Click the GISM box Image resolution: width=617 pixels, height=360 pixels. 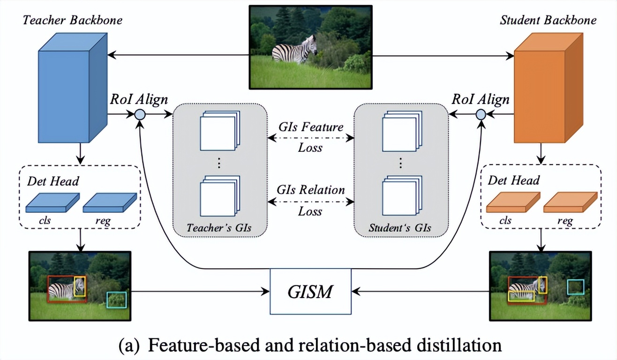coord(310,291)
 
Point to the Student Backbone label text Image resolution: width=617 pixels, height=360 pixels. coord(548,20)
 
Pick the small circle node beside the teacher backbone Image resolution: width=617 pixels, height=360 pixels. coord(140,114)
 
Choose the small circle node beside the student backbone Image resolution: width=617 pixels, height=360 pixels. coord(481,114)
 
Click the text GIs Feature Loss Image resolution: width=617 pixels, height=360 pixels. coord(310,137)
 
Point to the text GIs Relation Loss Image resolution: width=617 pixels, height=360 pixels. coord(310,200)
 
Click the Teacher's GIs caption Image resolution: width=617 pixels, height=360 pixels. coord(219,228)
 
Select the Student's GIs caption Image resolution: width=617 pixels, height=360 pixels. coord(400,228)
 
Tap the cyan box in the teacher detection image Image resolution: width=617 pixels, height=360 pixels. coord(116,300)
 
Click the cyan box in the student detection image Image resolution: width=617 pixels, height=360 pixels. coord(575,286)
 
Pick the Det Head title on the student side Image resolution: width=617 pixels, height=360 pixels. coord(514,180)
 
